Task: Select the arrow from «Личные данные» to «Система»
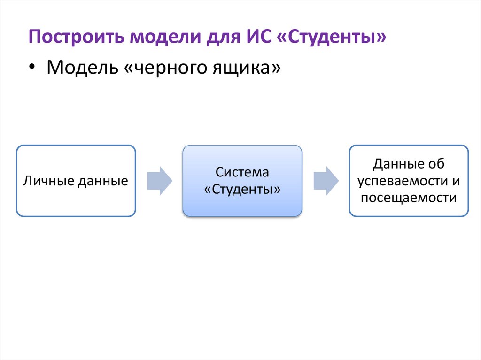click(x=160, y=181)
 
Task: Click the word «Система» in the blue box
click(x=242, y=172)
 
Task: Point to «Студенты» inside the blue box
click(x=242, y=189)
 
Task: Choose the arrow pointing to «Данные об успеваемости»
click(x=326, y=181)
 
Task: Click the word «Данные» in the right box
click(x=394, y=164)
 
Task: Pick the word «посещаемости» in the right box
click(x=409, y=198)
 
